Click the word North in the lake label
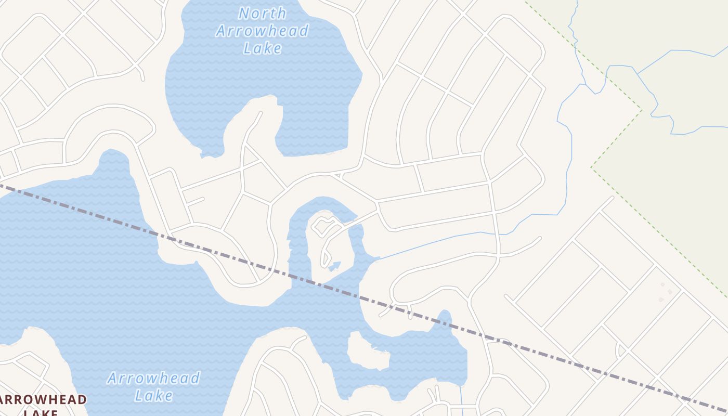[262, 13]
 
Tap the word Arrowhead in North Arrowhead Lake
[262, 31]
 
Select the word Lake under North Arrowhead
[262, 48]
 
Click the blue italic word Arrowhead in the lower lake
[153, 378]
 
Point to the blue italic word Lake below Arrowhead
[153, 396]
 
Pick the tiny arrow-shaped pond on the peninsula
[334, 266]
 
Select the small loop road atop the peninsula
[323, 227]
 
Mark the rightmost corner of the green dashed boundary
[641, 110]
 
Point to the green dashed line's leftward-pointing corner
[591, 167]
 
